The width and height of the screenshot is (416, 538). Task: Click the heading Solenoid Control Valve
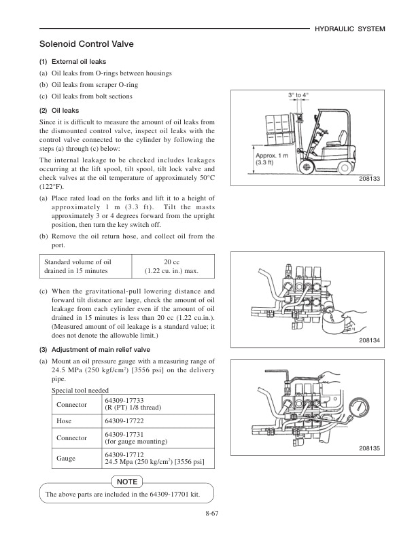coord(86,45)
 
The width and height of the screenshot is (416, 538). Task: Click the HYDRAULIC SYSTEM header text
coord(351,29)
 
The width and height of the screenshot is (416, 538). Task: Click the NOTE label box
coord(127,481)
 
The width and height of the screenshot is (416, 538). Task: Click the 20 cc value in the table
coord(172,262)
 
